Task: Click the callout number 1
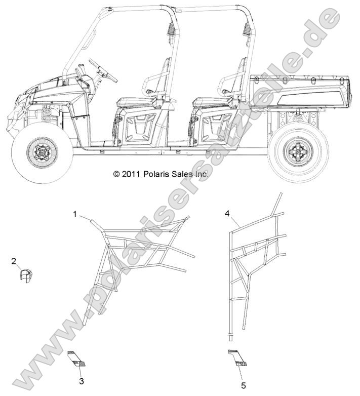[x=75, y=214]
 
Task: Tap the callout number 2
[x=14, y=261]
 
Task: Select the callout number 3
[x=82, y=381]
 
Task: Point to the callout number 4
[x=227, y=214]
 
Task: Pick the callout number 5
[x=244, y=386]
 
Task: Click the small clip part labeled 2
[x=26, y=275]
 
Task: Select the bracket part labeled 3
[x=76, y=359]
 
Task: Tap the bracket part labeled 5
[x=237, y=358]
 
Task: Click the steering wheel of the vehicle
[x=103, y=69]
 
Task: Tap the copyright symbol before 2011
[x=116, y=174]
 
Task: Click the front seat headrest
[x=166, y=68]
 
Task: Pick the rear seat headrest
[x=242, y=68]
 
